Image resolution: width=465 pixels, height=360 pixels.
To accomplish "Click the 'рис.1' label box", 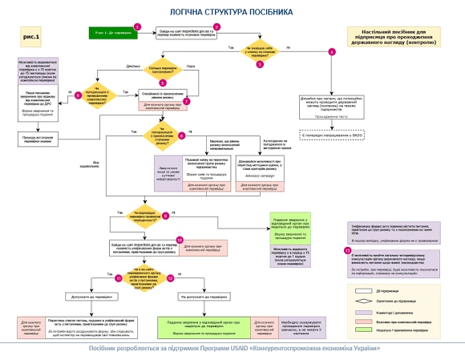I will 28,36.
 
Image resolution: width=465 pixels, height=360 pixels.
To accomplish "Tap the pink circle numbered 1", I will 137,26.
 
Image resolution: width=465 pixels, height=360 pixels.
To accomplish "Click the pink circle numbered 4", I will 331,52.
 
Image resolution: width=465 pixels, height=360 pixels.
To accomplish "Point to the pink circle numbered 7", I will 187,103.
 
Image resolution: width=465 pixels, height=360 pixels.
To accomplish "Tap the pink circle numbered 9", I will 165,216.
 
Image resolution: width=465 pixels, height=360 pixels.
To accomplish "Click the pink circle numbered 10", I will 180,239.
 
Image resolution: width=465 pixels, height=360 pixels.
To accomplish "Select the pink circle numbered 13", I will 346,251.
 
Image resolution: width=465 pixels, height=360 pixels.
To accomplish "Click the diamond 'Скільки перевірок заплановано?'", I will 164,70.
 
